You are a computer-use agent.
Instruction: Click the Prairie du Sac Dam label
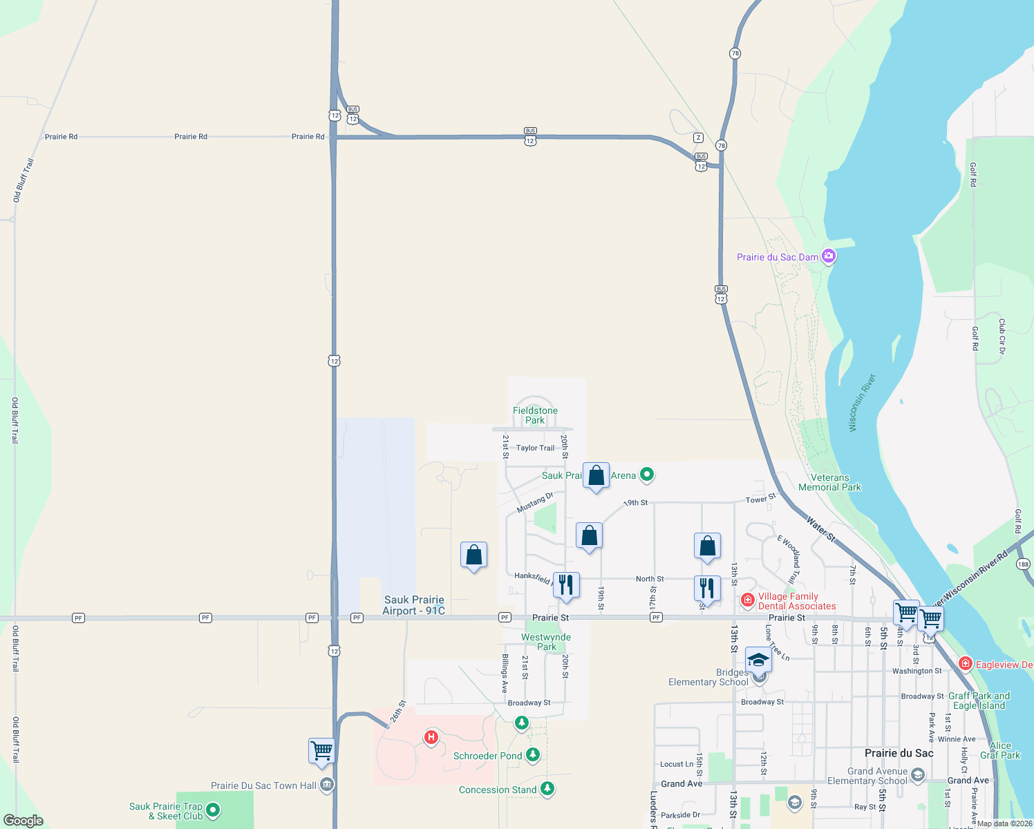click(x=777, y=257)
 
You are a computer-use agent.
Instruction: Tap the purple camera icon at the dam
click(x=829, y=256)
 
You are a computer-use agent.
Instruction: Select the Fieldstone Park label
click(x=535, y=415)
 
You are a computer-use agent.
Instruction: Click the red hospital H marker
click(x=431, y=737)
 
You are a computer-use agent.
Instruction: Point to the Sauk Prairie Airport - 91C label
click(x=414, y=605)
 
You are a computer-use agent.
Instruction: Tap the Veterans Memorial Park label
click(x=829, y=482)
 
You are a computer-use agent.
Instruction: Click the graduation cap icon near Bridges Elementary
click(x=758, y=660)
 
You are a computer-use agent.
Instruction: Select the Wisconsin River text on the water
click(x=862, y=403)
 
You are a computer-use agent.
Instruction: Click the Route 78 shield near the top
click(x=735, y=53)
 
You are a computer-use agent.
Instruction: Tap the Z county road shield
click(x=699, y=137)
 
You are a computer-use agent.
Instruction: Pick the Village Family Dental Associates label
click(x=796, y=601)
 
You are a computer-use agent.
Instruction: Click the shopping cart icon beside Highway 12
click(x=321, y=750)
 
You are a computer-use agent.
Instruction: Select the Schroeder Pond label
click(x=487, y=756)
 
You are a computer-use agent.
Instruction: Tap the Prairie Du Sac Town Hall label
click(x=263, y=785)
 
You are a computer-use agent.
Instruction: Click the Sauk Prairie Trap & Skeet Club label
click(x=166, y=811)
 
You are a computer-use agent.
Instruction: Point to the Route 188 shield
click(x=1023, y=564)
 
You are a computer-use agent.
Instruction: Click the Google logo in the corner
click(x=23, y=820)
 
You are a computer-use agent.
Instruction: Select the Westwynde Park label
click(x=546, y=642)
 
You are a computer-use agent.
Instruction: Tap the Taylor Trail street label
click(x=535, y=448)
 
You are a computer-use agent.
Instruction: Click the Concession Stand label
click(x=498, y=790)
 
